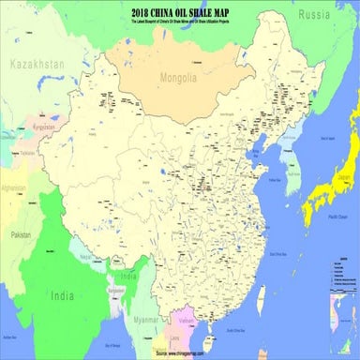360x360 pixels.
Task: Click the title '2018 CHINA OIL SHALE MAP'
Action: (x=179, y=10)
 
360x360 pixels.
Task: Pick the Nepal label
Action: (x=85, y=255)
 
